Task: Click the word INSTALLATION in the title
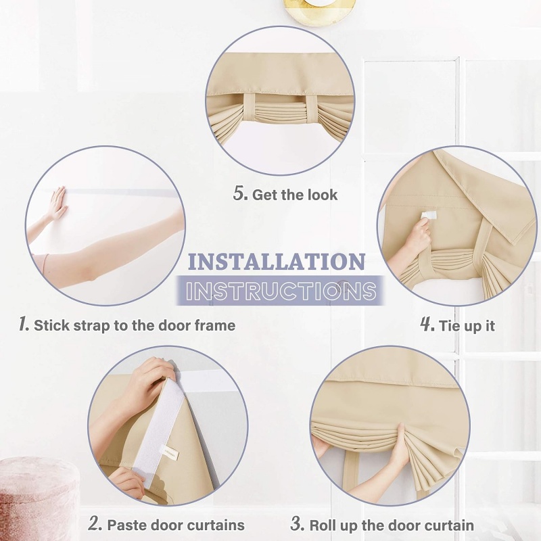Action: pos(277,261)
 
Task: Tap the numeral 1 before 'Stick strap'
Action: pos(24,325)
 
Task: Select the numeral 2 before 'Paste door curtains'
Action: pos(95,523)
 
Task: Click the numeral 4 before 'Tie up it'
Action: pos(427,325)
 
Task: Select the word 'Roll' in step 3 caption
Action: pos(325,525)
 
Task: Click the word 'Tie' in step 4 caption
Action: pos(450,325)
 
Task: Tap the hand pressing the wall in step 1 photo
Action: pos(57,204)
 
